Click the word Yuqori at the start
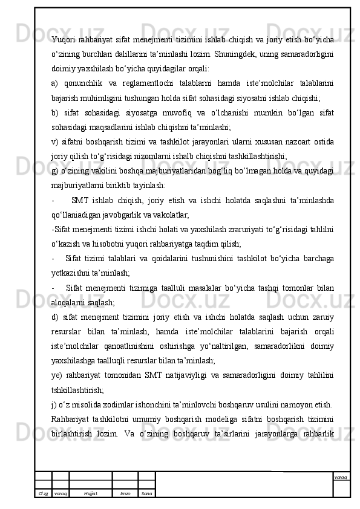(x=64, y=40)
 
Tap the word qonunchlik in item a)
(x=87, y=82)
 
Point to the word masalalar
(x=212, y=287)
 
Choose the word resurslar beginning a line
(x=69, y=331)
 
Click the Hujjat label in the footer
(x=91, y=493)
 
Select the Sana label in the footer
(x=146, y=493)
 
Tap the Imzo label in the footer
(x=125, y=493)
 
